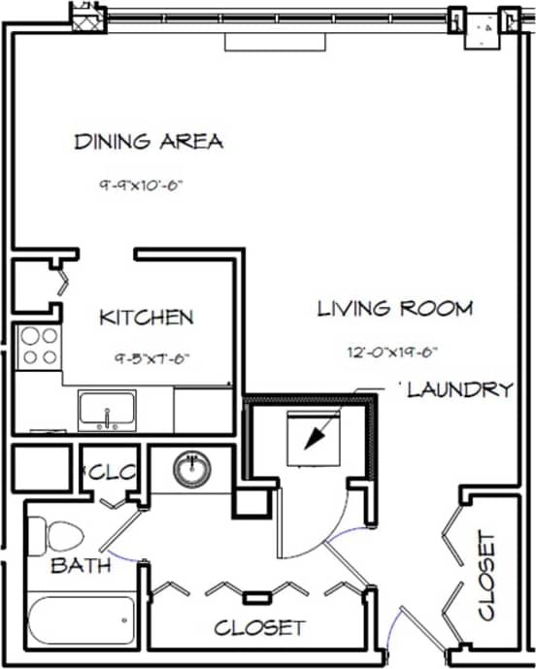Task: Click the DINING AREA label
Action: tap(149, 142)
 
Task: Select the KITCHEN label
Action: tap(148, 318)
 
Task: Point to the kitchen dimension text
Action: tap(150, 357)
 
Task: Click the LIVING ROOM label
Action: tap(395, 310)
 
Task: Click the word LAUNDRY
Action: tap(459, 390)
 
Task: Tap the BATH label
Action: tap(81, 565)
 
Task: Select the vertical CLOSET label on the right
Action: tap(487, 576)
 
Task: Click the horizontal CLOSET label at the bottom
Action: tap(259, 628)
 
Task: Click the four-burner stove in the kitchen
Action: tap(39, 347)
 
